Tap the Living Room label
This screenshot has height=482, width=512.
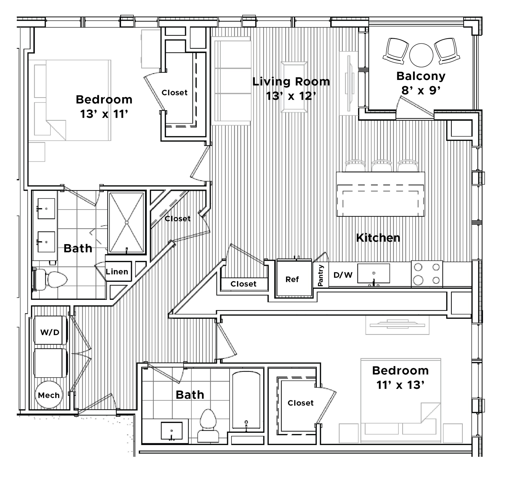tap(291, 82)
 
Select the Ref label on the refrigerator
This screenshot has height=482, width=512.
tap(292, 279)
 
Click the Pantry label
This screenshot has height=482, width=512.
tap(320, 276)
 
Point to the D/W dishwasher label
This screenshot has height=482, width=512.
tap(343, 275)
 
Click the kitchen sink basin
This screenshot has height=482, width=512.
tap(373, 273)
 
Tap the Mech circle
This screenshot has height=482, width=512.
tap(49, 395)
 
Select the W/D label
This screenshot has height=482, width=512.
tap(50, 332)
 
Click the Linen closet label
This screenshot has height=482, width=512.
tap(117, 272)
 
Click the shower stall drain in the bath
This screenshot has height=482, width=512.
tap(126, 222)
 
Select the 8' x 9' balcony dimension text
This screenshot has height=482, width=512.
tap(421, 90)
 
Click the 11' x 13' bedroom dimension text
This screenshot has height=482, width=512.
tap(400, 385)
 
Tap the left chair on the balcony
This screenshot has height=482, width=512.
tap(395, 51)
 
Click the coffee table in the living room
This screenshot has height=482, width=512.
tap(294, 87)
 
